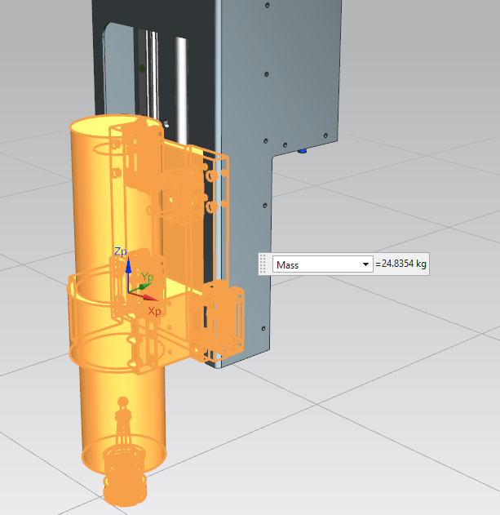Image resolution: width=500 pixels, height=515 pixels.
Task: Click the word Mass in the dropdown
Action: click(x=287, y=264)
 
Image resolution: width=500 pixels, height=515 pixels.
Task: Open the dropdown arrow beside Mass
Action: click(x=365, y=264)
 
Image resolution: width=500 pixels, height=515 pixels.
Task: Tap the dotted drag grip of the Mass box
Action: click(x=263, y=264)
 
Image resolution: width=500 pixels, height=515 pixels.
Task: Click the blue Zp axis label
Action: click(x=121, y=251)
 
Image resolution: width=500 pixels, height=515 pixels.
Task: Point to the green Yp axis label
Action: click(x=147, y=277)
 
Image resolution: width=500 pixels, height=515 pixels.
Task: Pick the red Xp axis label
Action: click(x=154, y=311)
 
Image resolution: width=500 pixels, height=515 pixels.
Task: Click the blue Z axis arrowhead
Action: click(x=128, y=264)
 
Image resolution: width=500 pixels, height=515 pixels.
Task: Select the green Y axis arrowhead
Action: click(x=144, y=286)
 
